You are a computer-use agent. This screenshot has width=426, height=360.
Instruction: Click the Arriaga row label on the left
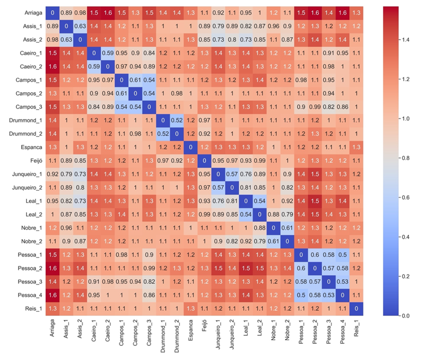coord(33,13)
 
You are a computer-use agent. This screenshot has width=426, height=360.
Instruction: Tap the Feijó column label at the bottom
coord(205,327)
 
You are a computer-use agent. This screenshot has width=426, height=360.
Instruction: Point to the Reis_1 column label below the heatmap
coord(356,329)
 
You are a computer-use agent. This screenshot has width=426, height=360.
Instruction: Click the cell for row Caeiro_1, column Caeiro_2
coord(108,53)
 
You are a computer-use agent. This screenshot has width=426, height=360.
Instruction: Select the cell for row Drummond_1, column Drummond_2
coord(177,120)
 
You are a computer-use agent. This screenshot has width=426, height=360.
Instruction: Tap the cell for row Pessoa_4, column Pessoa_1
coord(301,295)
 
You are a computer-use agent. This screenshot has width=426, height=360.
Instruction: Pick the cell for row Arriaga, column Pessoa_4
coord(342,13)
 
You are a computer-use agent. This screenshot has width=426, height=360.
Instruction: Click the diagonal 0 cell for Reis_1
coord(356,309)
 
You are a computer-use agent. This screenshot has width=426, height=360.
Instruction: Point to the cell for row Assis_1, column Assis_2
coord(80,26)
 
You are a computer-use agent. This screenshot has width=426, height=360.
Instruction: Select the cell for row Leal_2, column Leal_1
coord(246,215)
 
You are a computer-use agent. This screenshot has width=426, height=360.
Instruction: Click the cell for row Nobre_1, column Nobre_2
coord(287,228)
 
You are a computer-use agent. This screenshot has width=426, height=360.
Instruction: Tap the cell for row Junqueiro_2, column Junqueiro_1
coord(218,188)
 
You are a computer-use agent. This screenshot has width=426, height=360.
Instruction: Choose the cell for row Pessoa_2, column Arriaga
coord(52,268)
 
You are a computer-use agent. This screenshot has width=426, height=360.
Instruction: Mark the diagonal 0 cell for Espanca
coord(190,147)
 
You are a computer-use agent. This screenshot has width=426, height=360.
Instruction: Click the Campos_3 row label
coord(29,107)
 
